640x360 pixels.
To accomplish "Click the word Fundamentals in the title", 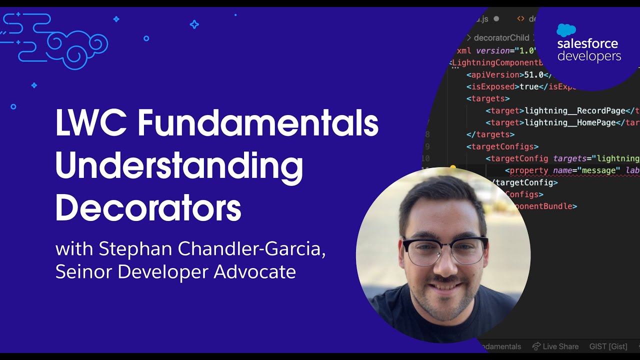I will [257, 123].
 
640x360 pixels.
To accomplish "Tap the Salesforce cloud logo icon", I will [566, 30].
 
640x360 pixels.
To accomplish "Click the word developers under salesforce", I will [589, 56].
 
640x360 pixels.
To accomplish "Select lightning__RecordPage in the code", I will [575, 110].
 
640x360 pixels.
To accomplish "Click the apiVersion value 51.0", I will [533, 74].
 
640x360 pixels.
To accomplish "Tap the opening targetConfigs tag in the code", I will [502, 146].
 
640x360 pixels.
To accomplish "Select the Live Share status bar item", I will [555, 346].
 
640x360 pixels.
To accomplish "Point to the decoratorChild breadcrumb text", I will [501, 37].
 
